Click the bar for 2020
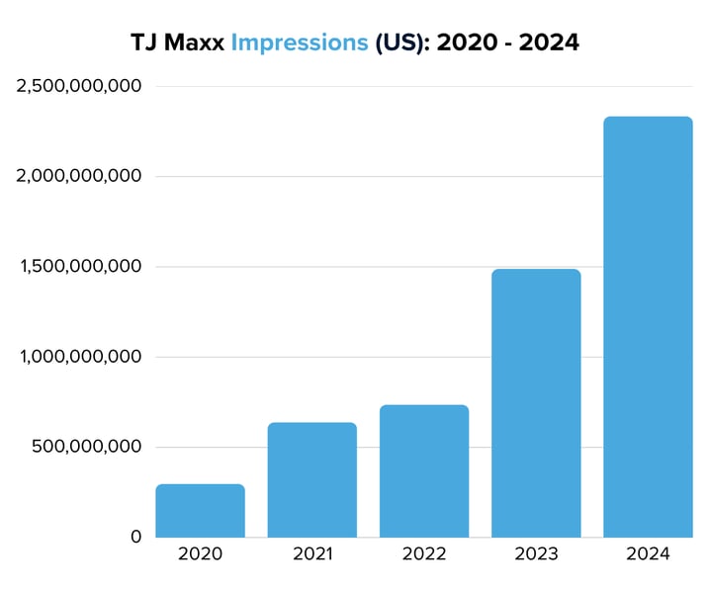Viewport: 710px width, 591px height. tap(200, 511)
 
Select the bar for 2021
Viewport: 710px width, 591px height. tap(311, 480)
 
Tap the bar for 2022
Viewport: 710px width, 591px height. tap(423, 471)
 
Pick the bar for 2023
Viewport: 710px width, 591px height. tap(536, 403)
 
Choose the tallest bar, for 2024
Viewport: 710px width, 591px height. tap(648, 327)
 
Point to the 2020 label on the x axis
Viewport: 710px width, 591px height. tap(200, 554)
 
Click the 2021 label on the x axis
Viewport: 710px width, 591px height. tap(311, 554)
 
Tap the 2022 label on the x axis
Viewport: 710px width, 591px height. tap(423, 554)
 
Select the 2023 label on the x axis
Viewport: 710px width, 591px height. tap(536, 554)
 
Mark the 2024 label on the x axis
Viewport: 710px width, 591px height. tap(648, 554)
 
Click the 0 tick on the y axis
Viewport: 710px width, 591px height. tap(135, 538)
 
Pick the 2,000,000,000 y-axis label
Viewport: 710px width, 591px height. tap(79, 177)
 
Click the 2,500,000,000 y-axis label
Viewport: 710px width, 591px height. tap(79, 87)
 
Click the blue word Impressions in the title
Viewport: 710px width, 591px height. tap(300, 44)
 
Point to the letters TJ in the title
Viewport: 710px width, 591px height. tap(143, 43)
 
